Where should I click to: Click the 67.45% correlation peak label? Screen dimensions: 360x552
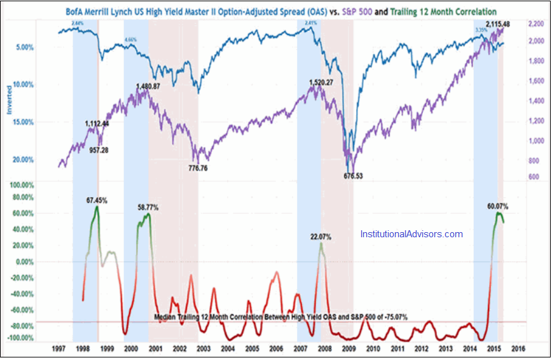pos(97,200)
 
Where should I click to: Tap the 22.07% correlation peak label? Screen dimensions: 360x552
pos(321,237)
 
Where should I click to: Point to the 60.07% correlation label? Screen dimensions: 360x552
pos(497,206)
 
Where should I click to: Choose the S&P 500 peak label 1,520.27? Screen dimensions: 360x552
pos(322,83)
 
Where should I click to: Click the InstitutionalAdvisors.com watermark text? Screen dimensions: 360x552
pos(411,234)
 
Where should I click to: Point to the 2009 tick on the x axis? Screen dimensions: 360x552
pos(348,349)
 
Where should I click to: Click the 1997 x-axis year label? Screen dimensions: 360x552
pos(58,349)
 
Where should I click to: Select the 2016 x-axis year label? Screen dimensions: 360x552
pos(519,349)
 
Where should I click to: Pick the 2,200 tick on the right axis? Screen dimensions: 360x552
pos(535,24)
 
